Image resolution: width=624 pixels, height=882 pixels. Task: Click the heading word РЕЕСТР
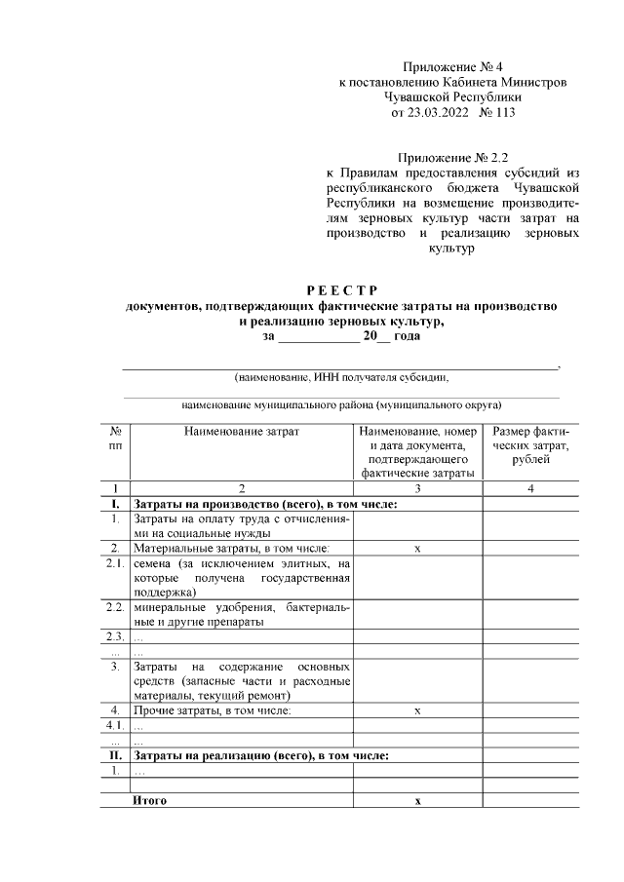point(341,290)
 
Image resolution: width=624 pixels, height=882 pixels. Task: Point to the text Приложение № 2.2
point(451,156)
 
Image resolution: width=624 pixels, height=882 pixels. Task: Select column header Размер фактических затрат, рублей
point(530,445)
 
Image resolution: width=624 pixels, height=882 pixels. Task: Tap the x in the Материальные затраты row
point(417,550)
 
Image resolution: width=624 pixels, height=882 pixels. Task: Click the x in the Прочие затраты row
point(417,710)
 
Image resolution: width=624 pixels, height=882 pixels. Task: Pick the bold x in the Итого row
point(417,800)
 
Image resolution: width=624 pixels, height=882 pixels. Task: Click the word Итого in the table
point(150,800)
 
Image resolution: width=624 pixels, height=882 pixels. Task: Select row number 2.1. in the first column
point(115,564)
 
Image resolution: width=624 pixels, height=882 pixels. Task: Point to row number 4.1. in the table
point(115,725)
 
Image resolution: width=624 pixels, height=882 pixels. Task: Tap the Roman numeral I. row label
point(115,505)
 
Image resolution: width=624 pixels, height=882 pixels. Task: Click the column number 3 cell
point(417,489)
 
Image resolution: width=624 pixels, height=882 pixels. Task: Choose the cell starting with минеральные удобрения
point(241,614)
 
